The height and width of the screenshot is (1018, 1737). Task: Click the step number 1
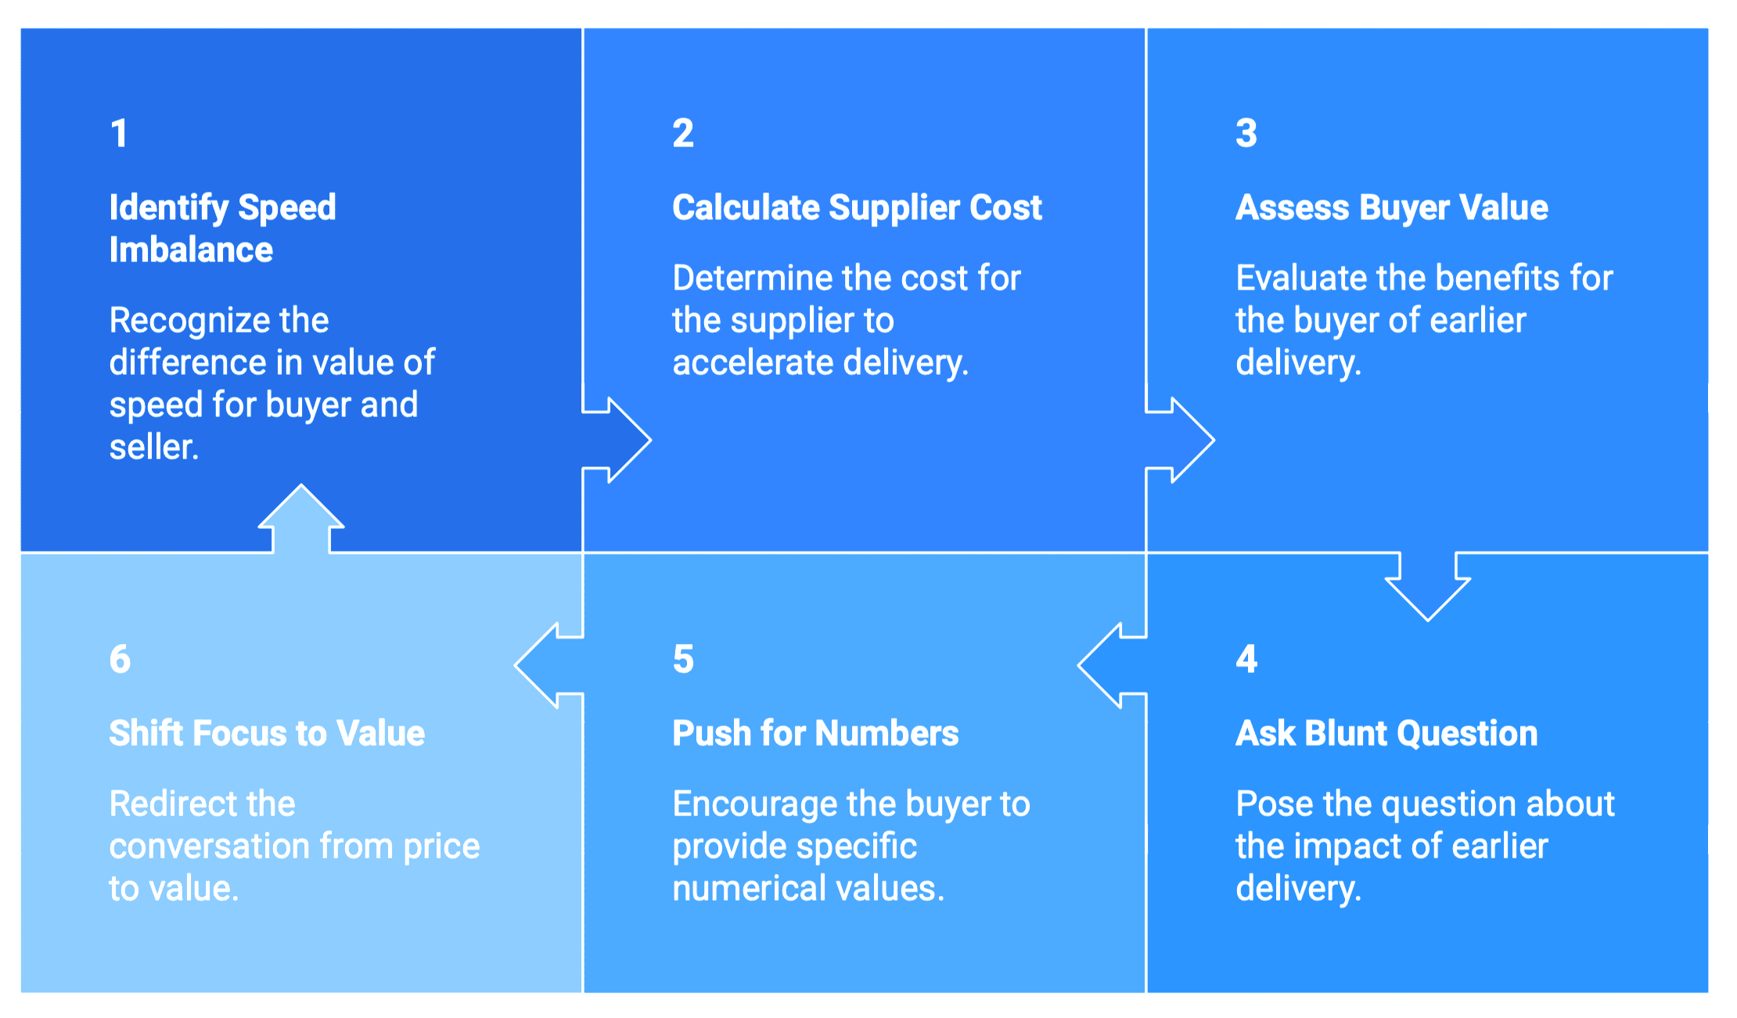tap(119, 134)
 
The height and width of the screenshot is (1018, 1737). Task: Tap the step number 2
tap(682, 134)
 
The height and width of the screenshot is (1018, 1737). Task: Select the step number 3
tap(1246, 134)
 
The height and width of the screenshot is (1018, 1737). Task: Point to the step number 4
tap(1246, 660)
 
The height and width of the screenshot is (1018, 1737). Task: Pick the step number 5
tap(683, 660)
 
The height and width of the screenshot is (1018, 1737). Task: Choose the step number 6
tap(120, 660)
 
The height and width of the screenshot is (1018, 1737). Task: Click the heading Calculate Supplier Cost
tap(857, 208)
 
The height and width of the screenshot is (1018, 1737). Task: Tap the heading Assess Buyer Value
tap(1391, 208)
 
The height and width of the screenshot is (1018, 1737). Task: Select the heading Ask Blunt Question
tap(1386, 734)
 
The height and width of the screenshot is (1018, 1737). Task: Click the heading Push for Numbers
tap(815, 734)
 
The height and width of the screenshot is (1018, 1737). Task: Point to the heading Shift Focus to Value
tap(267, 734)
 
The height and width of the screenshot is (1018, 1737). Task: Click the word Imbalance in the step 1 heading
tap(191, 250)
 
